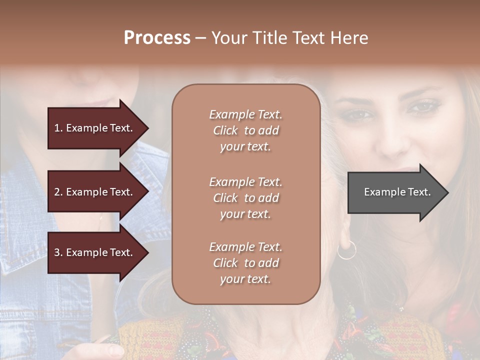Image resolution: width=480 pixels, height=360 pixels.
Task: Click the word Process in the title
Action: (157, 38)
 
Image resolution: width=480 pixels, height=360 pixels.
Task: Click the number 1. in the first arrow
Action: (58, 128)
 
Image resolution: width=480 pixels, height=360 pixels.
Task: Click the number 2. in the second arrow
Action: (58, 192)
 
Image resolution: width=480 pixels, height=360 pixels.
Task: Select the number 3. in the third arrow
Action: (58, 252)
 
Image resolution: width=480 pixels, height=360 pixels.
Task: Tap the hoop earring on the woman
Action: (346, 249)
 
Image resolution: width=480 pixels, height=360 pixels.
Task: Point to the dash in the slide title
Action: (200, 38)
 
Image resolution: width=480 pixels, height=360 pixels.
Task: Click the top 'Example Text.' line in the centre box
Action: (245, 114)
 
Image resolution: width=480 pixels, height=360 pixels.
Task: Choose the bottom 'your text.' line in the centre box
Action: (245, 279)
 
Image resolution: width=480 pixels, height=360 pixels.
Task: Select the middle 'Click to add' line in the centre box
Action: (245, 198)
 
